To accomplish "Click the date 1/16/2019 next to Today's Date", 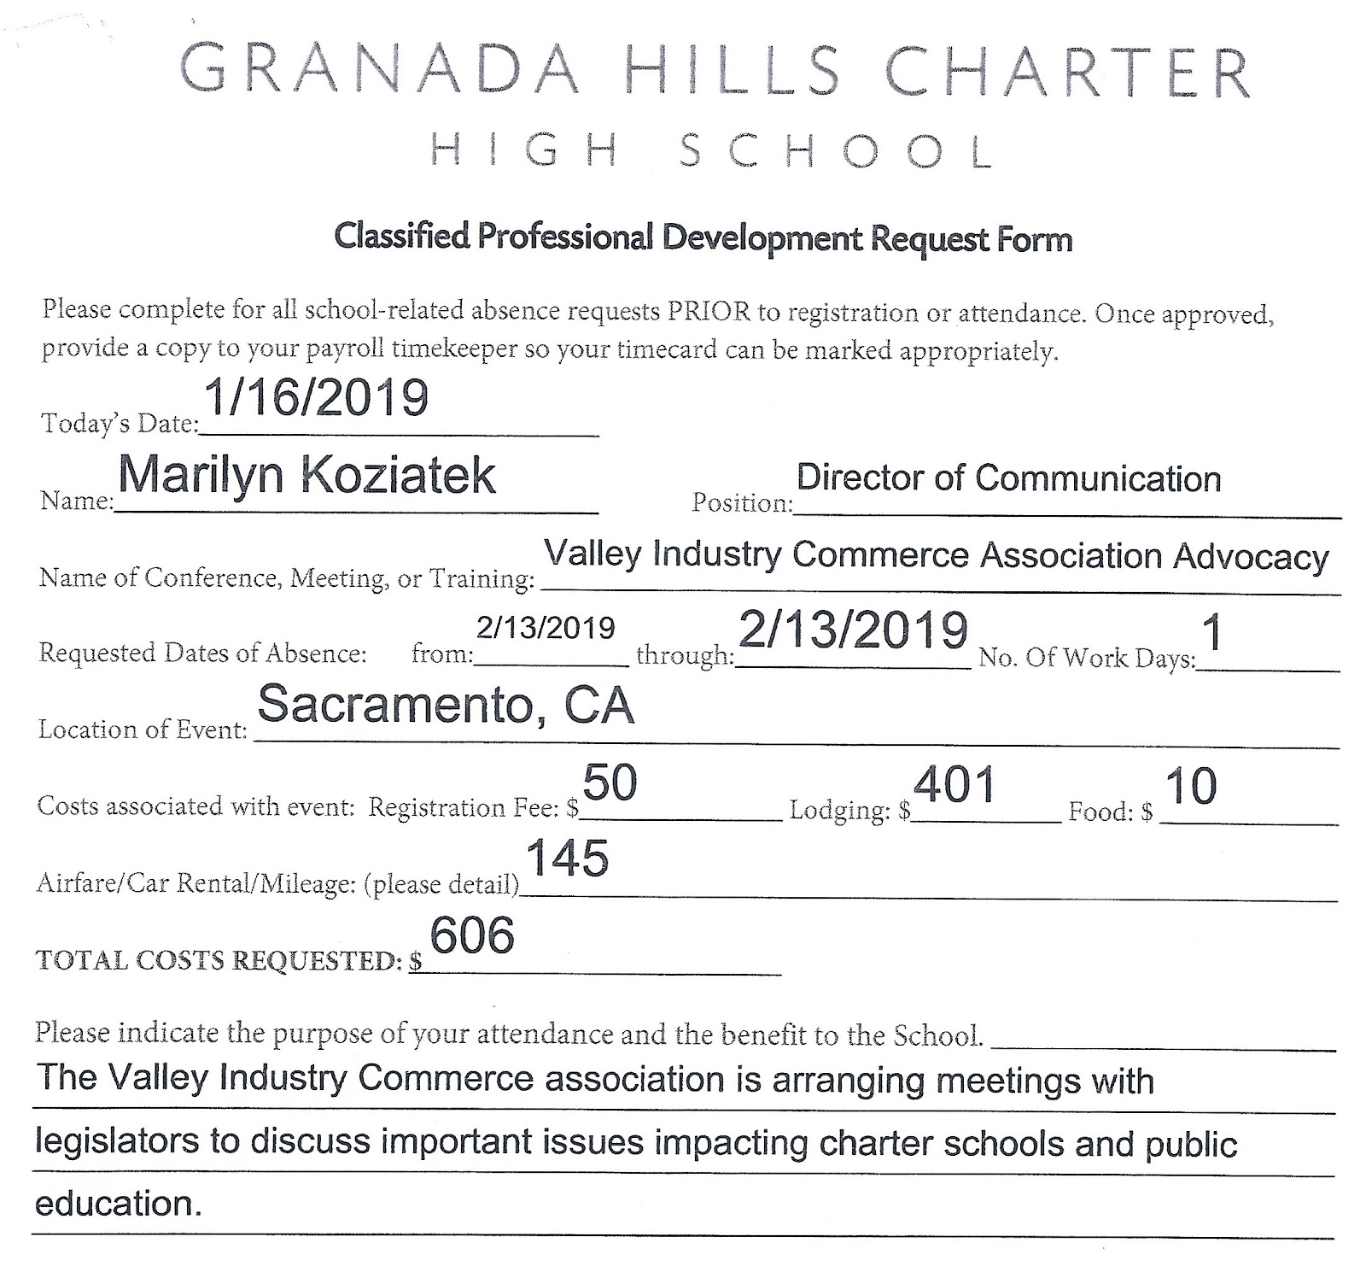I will pos(316,398).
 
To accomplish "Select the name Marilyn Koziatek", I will pos(306,475).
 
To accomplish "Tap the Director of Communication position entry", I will pos(1008,478).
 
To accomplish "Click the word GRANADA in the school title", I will pos(379,71).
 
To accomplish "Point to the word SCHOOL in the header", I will pos(837,152).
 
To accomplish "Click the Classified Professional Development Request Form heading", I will pos(703,237).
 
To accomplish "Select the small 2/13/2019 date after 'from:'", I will pos(546,628).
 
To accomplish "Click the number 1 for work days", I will pos(1211,633).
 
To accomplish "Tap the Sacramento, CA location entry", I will pos(446,705).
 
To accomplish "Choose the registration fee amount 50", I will pos(610,782).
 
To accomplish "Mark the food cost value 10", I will pos(1190,786).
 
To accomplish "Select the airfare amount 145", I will pos(567,859).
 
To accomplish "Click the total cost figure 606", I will pos(472,935).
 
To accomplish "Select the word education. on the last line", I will pos(119,1204).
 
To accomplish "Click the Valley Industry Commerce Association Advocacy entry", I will pos(937,555).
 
